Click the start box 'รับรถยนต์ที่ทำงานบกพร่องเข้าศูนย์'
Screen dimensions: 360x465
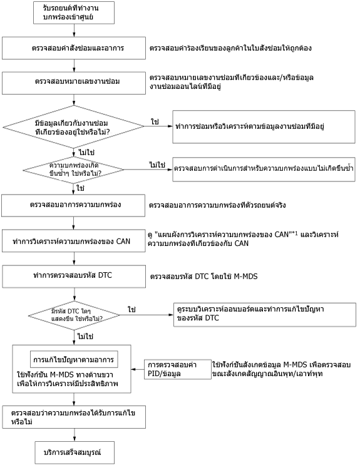click(74, 13)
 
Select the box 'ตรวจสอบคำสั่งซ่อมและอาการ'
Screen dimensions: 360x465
click(74, 48)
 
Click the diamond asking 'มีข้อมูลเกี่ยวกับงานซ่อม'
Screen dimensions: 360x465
click(74, 126)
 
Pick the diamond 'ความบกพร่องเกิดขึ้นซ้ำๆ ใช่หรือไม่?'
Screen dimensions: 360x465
click(74, 170)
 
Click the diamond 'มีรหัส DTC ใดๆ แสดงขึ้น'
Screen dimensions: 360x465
click(75, 315)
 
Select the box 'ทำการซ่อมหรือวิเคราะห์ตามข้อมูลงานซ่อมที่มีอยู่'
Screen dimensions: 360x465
click(264, 126)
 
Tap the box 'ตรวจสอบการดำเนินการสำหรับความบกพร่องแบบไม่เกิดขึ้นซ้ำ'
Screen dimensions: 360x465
click(264, 170)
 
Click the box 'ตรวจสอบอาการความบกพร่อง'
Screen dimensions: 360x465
click(73, 205)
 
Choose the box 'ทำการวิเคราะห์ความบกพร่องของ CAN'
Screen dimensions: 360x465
click(74, 241)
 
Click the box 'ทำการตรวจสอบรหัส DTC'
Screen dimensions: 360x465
click(75, 277)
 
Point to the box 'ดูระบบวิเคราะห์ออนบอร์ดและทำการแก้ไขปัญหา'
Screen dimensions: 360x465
click(265, 315)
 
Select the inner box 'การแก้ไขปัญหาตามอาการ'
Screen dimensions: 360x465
click(74, 359)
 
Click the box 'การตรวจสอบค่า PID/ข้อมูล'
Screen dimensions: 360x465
click(178, 369)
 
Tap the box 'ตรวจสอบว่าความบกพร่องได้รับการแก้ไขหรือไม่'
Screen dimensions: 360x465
click(75, 417)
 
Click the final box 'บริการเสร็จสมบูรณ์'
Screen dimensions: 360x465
click(75, 452)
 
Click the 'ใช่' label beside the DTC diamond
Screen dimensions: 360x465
click(131, 310)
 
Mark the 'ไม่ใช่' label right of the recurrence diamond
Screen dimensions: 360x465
click(157, 165)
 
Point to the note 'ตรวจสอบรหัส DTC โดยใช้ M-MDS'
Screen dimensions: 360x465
click(204, 277)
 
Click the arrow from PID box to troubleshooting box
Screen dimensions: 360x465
click(138, 369)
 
